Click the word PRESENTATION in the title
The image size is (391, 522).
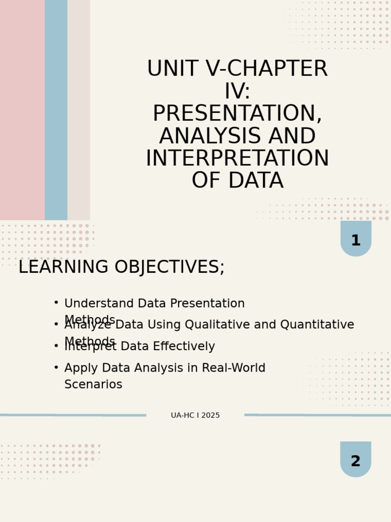click(237, 114)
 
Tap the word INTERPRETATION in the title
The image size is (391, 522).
click(237, 159)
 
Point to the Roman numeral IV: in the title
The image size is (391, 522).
click(237, 92)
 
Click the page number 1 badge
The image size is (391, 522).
click(355, 240)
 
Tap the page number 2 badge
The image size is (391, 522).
click(355, 461)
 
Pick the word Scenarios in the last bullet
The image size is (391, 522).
click(93, 385)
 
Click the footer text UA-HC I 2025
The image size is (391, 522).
click(195, 415)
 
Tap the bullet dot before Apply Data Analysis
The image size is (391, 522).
click(56, 367)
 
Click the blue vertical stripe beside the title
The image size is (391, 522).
click(56, 110)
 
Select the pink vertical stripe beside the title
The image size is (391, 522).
click(22, 110)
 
